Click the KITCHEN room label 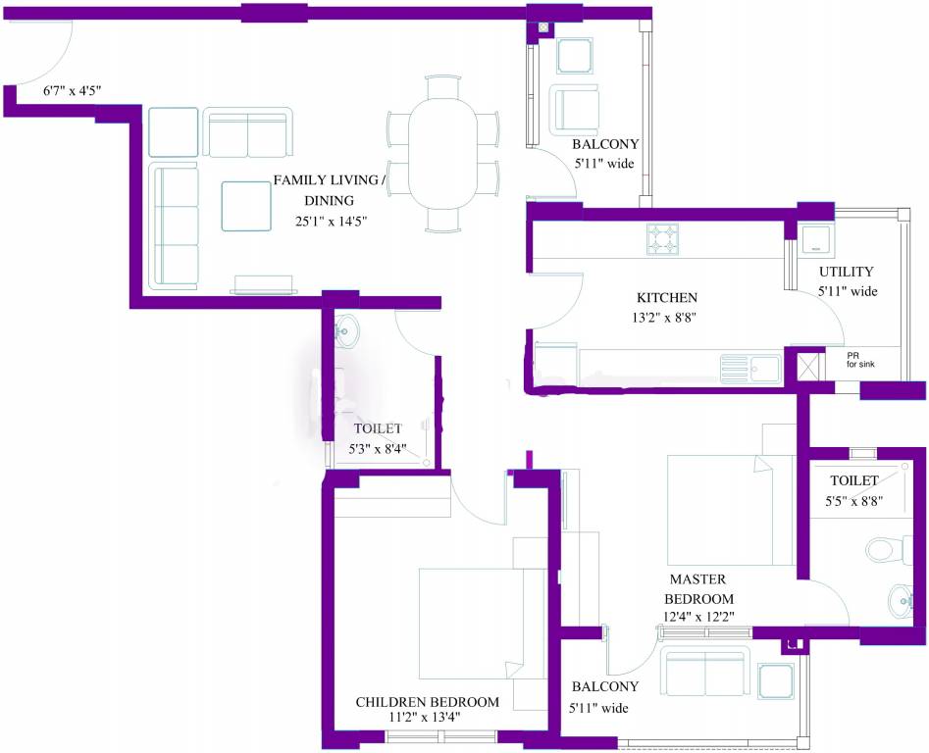tap(666, 297)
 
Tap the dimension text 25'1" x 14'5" tap(332, 222)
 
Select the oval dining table tap(442, 153)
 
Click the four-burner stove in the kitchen tap(662, 238)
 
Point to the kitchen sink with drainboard tap(750, 370)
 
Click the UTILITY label tap(846, 272)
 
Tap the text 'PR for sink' tap(860, 360)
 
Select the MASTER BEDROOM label tap(698, 588)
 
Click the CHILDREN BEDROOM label tap(427, 701)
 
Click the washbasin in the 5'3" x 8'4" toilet tap(345, 329)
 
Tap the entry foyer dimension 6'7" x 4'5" tap(73, 91)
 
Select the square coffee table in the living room tap(246, 206)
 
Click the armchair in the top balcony tap(574, 109)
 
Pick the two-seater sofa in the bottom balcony tap(705, 672)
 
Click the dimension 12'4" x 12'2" tap(698, 617)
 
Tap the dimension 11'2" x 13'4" tap(425, 718)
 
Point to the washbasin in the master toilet tap(902, 601)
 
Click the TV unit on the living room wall tap(264, 284)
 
